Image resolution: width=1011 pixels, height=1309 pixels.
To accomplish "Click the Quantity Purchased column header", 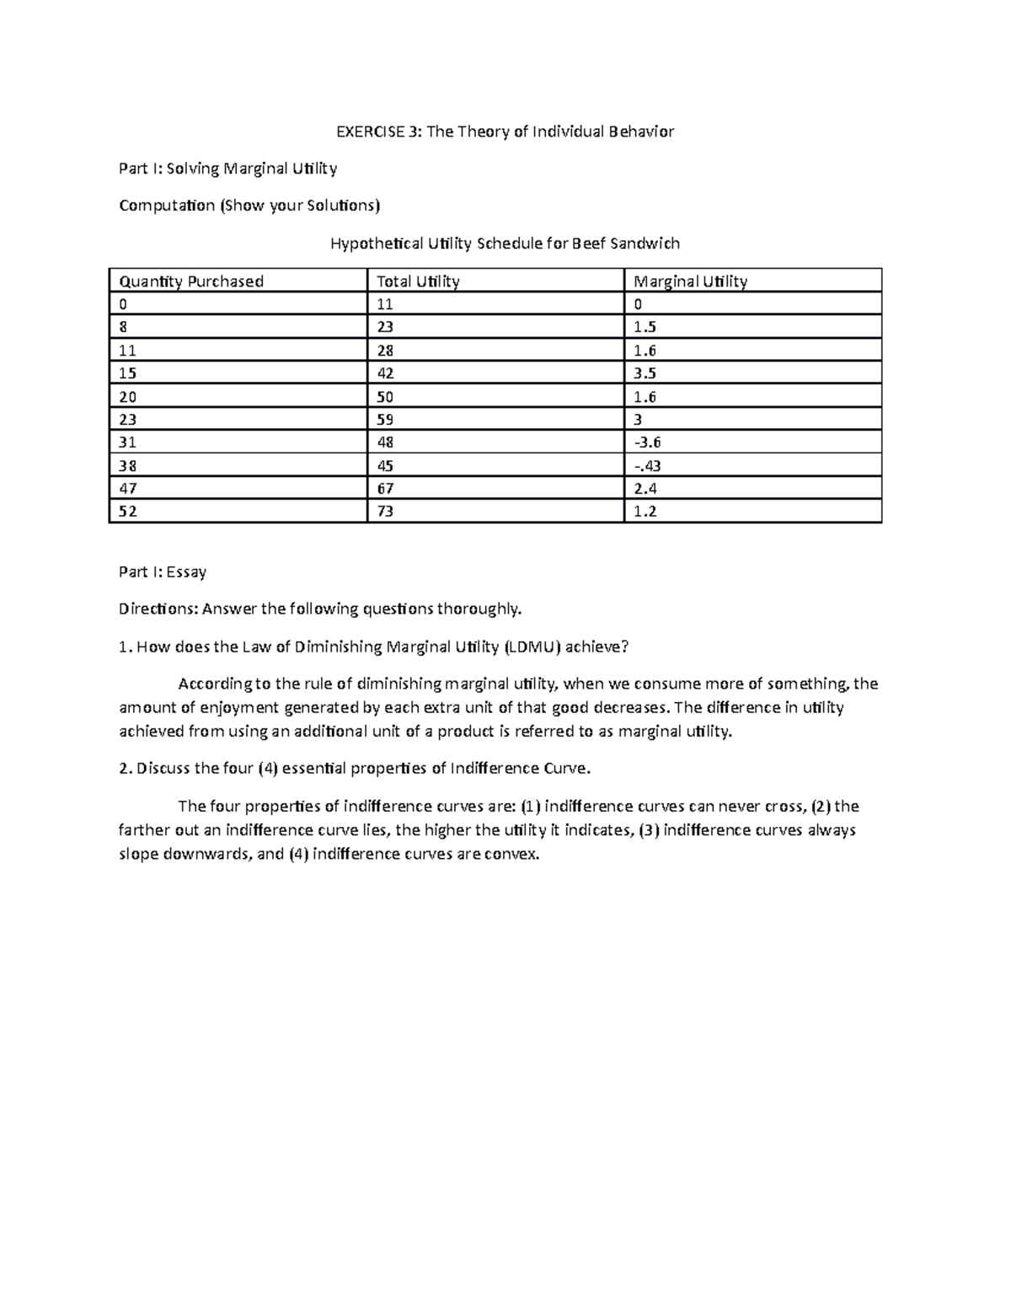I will tap(191, 282).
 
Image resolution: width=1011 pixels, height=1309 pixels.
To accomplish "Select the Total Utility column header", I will tap(418, 282).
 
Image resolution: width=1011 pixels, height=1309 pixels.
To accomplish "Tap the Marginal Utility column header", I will tap(690, 282).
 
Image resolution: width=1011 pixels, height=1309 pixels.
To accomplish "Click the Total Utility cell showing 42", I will tap(386, 373).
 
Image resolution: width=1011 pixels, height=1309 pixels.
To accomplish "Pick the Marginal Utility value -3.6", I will tap(647, 443).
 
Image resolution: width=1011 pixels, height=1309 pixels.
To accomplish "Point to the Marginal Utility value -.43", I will tap(647, 466).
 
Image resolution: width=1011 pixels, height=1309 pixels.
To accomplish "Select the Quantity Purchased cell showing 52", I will tap(128, 512).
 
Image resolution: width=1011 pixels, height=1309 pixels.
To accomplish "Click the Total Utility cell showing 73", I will tap(386, 512).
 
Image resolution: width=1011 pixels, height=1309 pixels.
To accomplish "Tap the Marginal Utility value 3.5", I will tap(645, 373).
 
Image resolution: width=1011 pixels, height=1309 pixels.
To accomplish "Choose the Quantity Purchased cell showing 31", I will tap(127, 443).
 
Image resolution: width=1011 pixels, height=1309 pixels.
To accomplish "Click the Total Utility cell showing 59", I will tap(386, 420).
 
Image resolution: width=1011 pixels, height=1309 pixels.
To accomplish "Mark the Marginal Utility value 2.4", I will tap(645, 489).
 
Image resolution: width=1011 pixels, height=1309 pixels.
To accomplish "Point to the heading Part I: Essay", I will tap(163, 572).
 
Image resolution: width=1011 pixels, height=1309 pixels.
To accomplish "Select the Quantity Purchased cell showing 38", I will tap(128, 466).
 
